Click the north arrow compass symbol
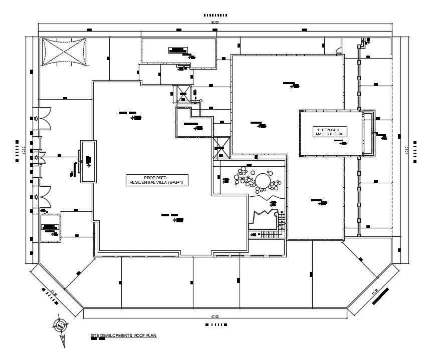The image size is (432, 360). (x=60, y=325)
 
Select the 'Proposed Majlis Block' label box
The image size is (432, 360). (x=328, y=131)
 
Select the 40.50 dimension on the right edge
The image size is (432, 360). (x=407, y=150)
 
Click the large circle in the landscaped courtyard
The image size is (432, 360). (x=263, y=179)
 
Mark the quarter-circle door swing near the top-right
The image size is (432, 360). (x=339, y=49)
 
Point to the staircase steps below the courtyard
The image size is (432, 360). (x=271, y=233)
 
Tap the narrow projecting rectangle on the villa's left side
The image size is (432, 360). (x=88, y=162)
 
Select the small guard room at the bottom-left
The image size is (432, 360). (x=50, y=227)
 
